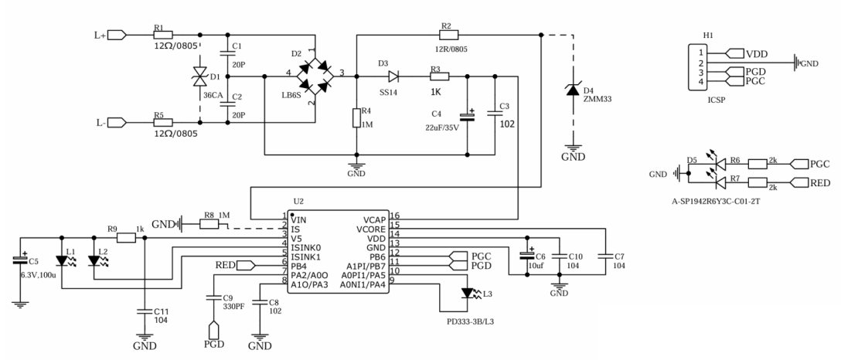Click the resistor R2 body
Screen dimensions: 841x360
point(448,35)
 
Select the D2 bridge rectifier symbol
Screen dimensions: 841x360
point(315,76)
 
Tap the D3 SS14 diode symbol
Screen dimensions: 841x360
point(393,76)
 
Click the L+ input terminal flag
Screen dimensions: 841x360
point(117,36)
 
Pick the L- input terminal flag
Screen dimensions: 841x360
point(117,123)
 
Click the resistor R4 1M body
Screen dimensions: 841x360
point(356,118)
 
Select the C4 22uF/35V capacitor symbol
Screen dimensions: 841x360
point(467,117)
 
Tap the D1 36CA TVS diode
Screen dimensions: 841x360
point(200,79)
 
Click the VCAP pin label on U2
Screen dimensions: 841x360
point(374,219)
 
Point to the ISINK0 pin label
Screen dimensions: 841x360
point(306,248)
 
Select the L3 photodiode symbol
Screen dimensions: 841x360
point(468,293)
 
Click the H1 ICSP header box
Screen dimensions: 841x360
point(698,67)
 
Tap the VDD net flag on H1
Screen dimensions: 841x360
point(734,53)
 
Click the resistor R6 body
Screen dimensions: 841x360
point(758,164)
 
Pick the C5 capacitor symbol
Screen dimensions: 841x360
point(20,260)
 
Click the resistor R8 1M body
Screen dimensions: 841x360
point(209,225)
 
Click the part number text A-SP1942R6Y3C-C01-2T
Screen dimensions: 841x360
point(719,202)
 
